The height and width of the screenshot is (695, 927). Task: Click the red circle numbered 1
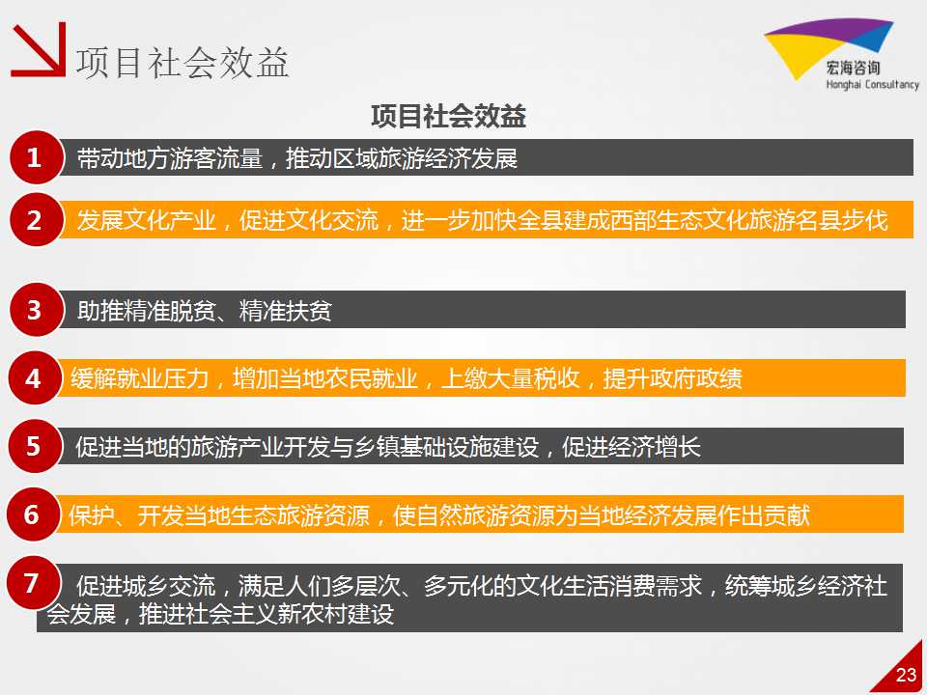35,157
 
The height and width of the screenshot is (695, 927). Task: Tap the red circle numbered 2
35,220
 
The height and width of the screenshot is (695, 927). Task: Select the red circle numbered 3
35,310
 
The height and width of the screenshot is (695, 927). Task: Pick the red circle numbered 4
35,378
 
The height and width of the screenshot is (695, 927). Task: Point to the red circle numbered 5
35,446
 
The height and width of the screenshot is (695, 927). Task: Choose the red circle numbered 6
33,514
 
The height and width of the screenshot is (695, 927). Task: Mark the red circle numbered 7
33,583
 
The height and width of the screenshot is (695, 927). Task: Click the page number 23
906,675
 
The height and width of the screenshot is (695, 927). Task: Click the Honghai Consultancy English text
872,84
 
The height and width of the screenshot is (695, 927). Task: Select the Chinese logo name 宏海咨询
853,68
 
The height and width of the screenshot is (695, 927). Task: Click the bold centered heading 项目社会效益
448,116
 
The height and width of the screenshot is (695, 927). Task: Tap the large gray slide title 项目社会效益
183,63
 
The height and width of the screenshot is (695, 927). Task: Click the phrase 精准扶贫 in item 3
285,310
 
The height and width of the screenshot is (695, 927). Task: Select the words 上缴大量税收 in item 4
510,378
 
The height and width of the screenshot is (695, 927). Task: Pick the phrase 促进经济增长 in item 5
631,447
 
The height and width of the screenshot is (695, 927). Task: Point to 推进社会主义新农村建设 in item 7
267,614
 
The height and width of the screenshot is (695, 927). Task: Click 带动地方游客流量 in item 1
170,158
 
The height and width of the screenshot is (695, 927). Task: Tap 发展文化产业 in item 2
146,220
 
